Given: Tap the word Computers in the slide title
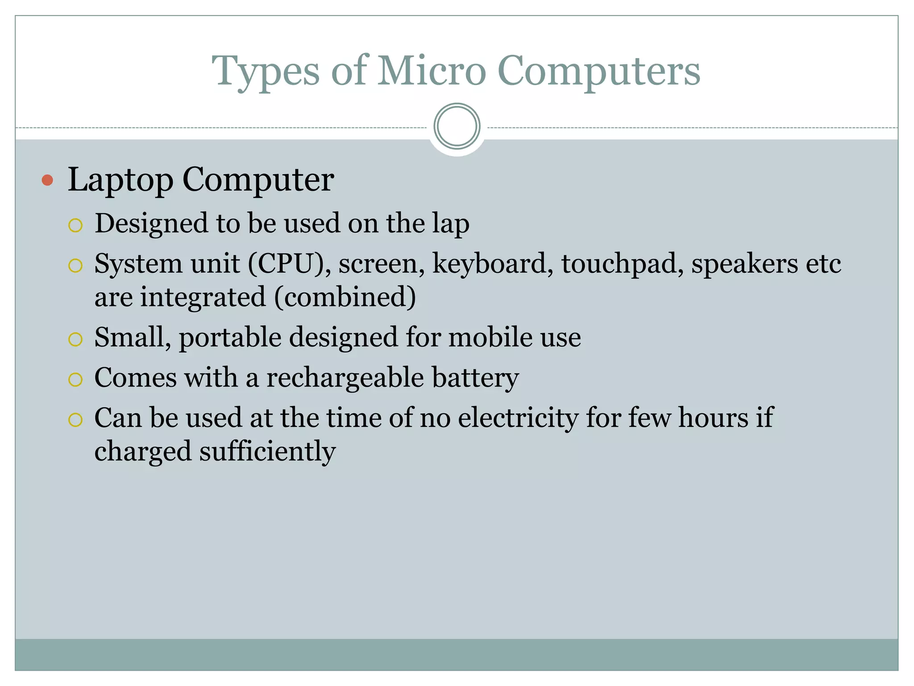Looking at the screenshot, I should pos(598,71).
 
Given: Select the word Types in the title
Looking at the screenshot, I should pos(266,71).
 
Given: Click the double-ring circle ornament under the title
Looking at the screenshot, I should pos(457,126).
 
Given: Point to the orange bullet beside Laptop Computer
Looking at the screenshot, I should pos(47,180).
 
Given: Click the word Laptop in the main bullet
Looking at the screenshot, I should pos(120,180).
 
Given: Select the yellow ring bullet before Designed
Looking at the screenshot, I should pos(75,225).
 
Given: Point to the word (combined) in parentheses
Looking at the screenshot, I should pos(345,297).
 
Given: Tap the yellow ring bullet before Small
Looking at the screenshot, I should pos(75,339).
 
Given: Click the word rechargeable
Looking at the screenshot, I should pos(345,378).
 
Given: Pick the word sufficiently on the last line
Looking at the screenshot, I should pos(267,452).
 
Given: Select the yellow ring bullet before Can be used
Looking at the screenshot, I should pos(75,420).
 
